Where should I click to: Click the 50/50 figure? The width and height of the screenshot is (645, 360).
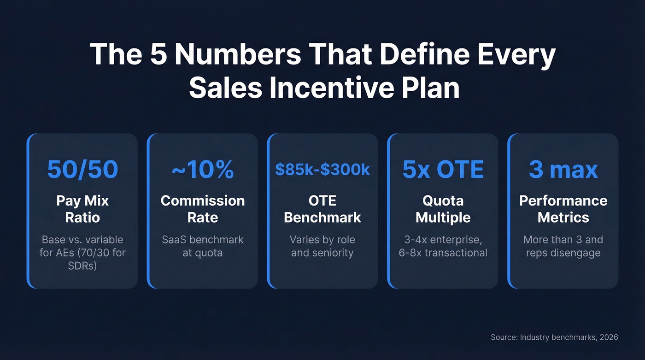[82, 170]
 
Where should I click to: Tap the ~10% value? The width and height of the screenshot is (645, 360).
[203, 170]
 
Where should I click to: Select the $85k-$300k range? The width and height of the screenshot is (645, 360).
[322, 170]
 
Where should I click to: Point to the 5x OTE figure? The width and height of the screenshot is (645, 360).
[443, 170]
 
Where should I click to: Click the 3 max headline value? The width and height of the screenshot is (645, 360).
[563, 170]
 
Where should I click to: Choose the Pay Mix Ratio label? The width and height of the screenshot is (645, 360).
[82, 209]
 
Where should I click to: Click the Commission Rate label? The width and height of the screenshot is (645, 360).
[203, 209]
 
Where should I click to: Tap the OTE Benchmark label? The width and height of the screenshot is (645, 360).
[322, 209]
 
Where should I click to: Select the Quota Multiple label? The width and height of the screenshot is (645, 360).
[443, 209]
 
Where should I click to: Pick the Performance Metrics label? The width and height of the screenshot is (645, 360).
[563, 209]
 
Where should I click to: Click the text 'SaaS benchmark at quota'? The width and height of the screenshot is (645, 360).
[203, 246]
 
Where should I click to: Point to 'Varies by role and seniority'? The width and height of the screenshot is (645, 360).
[322, 246]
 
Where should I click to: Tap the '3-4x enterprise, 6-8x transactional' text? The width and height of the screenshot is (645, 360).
[443, 246]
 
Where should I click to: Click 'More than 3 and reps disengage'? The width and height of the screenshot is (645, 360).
[563, 246]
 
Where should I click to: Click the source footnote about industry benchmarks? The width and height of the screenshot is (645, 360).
[554, 337]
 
